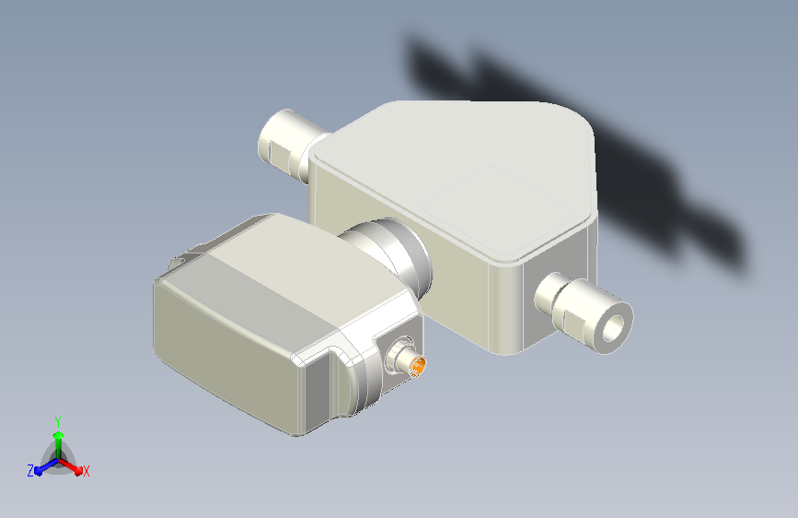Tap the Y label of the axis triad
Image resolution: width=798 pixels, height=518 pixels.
(x=58, y=422)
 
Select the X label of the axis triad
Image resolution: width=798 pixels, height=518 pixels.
(x=86, y=471)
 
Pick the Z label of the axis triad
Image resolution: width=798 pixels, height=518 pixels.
(x=30, y=471)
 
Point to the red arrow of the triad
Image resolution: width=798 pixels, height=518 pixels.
(x=70, y=466)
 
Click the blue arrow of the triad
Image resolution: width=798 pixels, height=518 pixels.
(x=47, y=466)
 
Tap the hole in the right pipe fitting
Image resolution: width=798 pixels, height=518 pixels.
(x=613, y=328)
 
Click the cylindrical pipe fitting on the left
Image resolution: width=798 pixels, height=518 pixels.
(x=287, y=145)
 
